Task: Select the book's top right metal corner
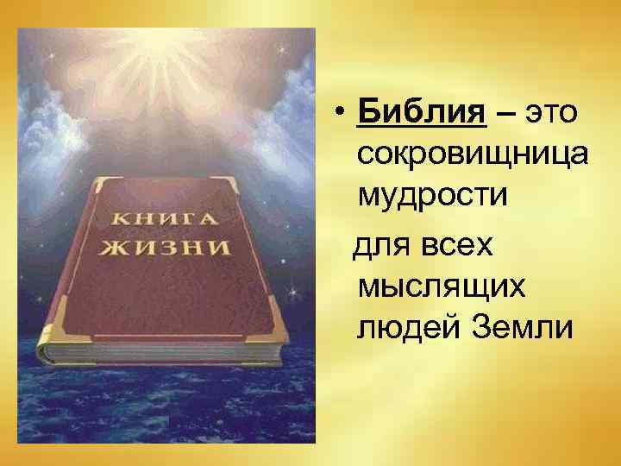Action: (x=231, y=183)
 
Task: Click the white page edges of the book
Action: (x=164, y=351)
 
